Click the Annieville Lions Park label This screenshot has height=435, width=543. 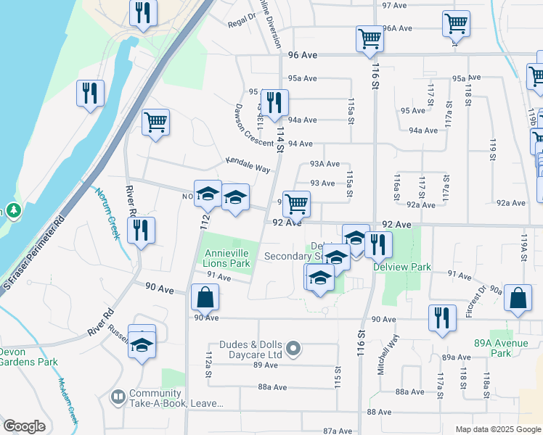(x=227, y=259)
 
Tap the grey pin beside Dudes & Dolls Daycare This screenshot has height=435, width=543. (x=293, y=349)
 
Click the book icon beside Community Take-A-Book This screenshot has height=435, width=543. (x=117, y=397)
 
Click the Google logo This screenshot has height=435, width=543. (x=24, y=426)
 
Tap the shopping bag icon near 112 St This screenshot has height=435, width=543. (x=205, y=297)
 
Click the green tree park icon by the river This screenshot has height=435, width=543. (x=12, y=211)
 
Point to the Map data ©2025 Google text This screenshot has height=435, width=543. (x=497, y=429)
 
